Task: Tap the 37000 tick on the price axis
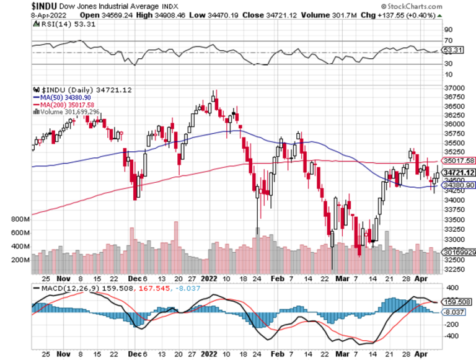click(454, 88)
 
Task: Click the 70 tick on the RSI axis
click(447, 40)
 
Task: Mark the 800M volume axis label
click(20, 219)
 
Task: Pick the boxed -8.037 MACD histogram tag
click(457, 312)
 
